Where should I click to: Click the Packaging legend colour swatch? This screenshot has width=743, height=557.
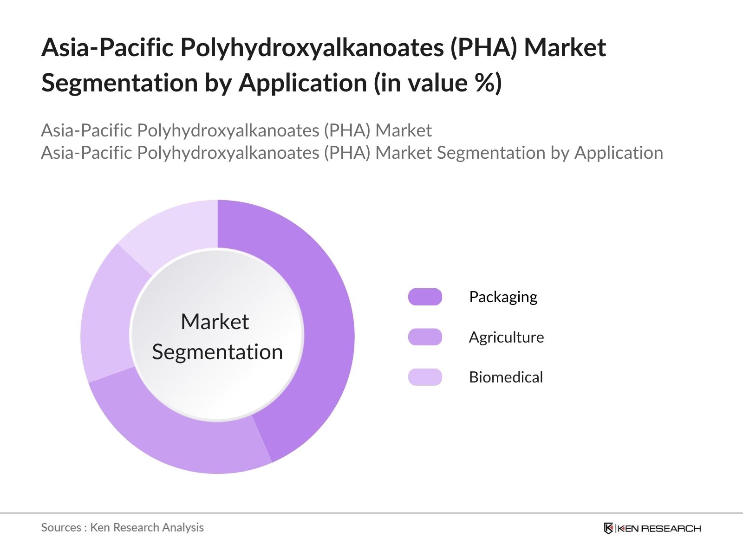[x=425, y=297]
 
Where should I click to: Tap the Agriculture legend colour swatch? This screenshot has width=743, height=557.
[x=425, y=337]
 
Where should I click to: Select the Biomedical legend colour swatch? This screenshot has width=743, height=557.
[x=425, y=377]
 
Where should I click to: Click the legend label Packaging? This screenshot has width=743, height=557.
[x=503, y=298]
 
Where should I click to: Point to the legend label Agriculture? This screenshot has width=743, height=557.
[x=506, y=337]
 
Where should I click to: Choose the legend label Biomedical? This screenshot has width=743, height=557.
[x=506, y=377]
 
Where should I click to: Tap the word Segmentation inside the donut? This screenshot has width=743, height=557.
[x=217, y=352]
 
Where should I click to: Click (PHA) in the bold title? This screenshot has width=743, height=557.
[x=484, y=48]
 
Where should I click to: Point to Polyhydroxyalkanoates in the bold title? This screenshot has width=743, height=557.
[x=312, y=48]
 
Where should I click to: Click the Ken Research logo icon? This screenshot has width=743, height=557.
[x=608, y=528]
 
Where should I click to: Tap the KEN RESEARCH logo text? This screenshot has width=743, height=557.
[x=659, y=529]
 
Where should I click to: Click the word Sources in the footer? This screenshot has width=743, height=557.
[x=61, y=528]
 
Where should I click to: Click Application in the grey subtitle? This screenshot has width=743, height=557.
[x=619, y=153]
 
